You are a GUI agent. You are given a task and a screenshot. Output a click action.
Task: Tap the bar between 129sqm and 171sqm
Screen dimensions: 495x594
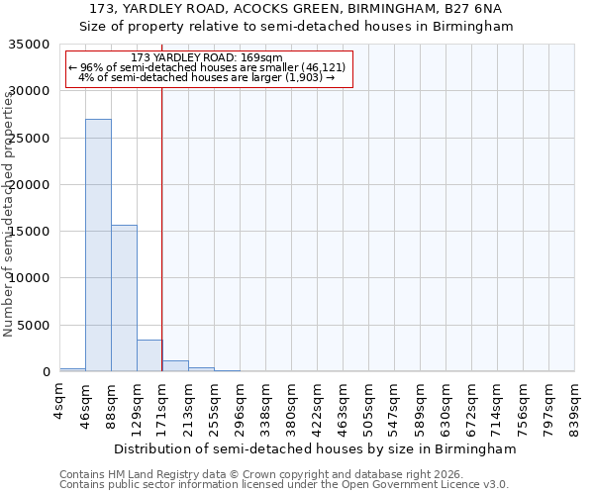(149, 355)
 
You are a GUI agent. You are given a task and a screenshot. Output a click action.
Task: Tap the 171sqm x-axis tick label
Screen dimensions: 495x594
(163, 408)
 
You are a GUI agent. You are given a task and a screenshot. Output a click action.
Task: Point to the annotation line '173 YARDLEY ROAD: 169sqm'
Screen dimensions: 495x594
(207, 58)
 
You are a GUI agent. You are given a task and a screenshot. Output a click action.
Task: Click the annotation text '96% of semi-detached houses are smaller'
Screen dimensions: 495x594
(207, 67)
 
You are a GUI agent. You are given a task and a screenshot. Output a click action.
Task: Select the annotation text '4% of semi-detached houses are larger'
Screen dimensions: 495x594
(207, 76)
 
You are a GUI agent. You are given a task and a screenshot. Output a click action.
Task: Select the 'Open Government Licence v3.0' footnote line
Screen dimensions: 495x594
(283, 485)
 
